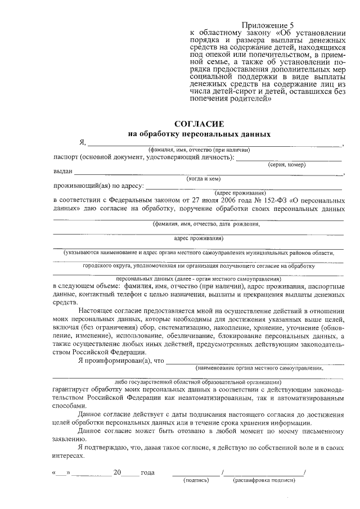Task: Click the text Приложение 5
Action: [x=268, y=25]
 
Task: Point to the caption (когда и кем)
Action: [x=202, y=179]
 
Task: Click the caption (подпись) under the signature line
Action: [x=196, y=480]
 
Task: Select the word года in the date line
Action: [x=147, y=472]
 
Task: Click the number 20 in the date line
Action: [x=117, y=472]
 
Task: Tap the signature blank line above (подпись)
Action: [x=196, y=474]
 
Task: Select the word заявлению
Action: [x=70, y=439]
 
